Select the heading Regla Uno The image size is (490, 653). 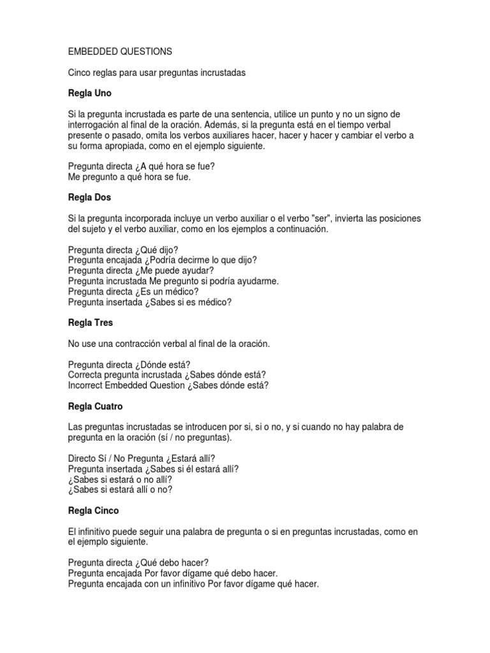89,93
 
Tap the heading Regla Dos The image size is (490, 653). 89,198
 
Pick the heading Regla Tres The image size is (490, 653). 90,323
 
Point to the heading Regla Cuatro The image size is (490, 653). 95,406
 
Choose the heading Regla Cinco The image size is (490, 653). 93,511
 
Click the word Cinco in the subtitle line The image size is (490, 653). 80,73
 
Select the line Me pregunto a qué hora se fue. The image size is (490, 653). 130,177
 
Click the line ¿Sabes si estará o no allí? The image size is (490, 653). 120,480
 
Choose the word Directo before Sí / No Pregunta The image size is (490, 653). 84,459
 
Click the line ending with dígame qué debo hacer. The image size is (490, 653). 173,573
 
